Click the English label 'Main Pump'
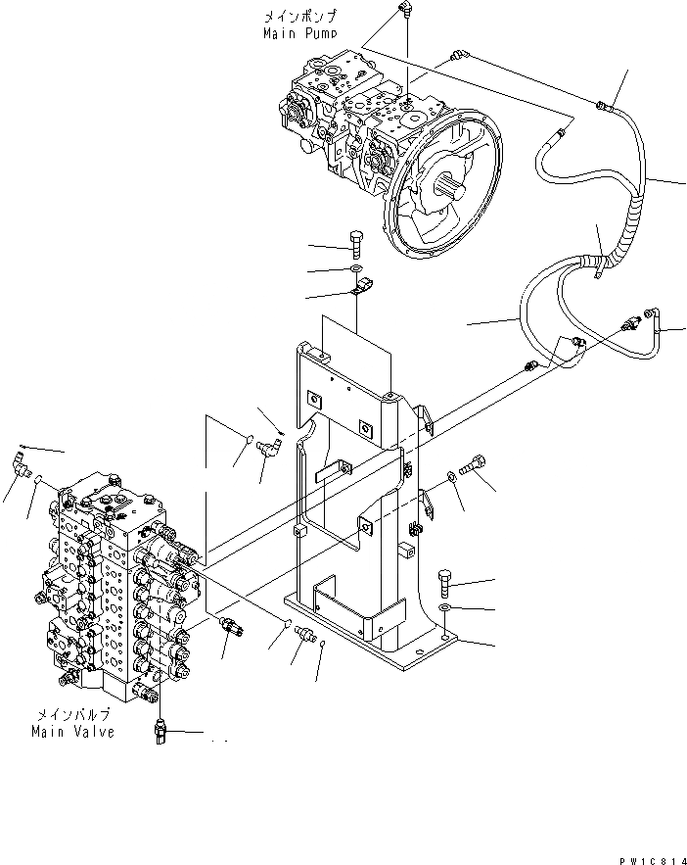(300, 33)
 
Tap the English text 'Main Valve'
(72, 731)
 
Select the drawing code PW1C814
(650, 859)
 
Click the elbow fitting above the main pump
(404, 11)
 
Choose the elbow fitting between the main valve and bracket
(267, 448)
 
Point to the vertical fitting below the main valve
(161, 732)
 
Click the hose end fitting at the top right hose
(604, 101)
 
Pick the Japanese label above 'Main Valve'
(72, 714)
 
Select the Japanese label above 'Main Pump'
(299, 17)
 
